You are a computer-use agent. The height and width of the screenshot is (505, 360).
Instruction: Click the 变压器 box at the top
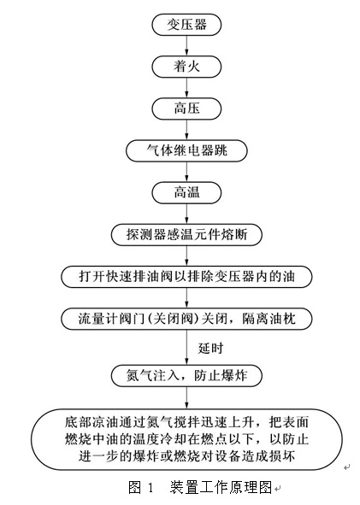tap(186, 25)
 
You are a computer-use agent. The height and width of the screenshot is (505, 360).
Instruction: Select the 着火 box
tap(186, 67)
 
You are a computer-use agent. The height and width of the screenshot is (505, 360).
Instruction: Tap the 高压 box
tap(186, 109)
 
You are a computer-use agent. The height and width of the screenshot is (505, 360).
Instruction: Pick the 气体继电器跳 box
tap(186, 150)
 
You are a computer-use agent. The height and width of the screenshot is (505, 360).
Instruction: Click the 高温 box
tap(186, 192)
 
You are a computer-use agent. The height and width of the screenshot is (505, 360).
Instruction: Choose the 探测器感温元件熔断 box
tap(186, 234)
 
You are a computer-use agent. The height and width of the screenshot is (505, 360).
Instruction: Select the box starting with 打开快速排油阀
tap(186, 277)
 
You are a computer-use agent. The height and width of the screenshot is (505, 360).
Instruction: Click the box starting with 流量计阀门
tap(186, 319)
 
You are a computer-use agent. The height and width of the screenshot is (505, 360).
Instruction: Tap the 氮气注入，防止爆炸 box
tap(186, 375)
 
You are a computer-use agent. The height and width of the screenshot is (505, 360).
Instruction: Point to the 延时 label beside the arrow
tap(210, 348)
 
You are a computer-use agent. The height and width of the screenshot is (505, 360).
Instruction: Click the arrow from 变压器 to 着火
tap(186, 46)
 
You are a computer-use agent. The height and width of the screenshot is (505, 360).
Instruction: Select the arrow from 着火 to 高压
tap(186, 88)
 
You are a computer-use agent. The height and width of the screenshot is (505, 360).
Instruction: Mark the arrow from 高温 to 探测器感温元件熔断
tap(186, 214)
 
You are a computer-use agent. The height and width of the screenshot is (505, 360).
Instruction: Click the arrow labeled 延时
tap(186, 347)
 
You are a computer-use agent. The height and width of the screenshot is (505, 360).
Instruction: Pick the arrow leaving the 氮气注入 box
tap(186, 397)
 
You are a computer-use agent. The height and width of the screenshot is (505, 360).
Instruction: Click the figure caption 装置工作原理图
tap(221, 487)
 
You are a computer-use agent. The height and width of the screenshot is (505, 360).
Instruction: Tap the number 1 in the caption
tap(150, 488)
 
